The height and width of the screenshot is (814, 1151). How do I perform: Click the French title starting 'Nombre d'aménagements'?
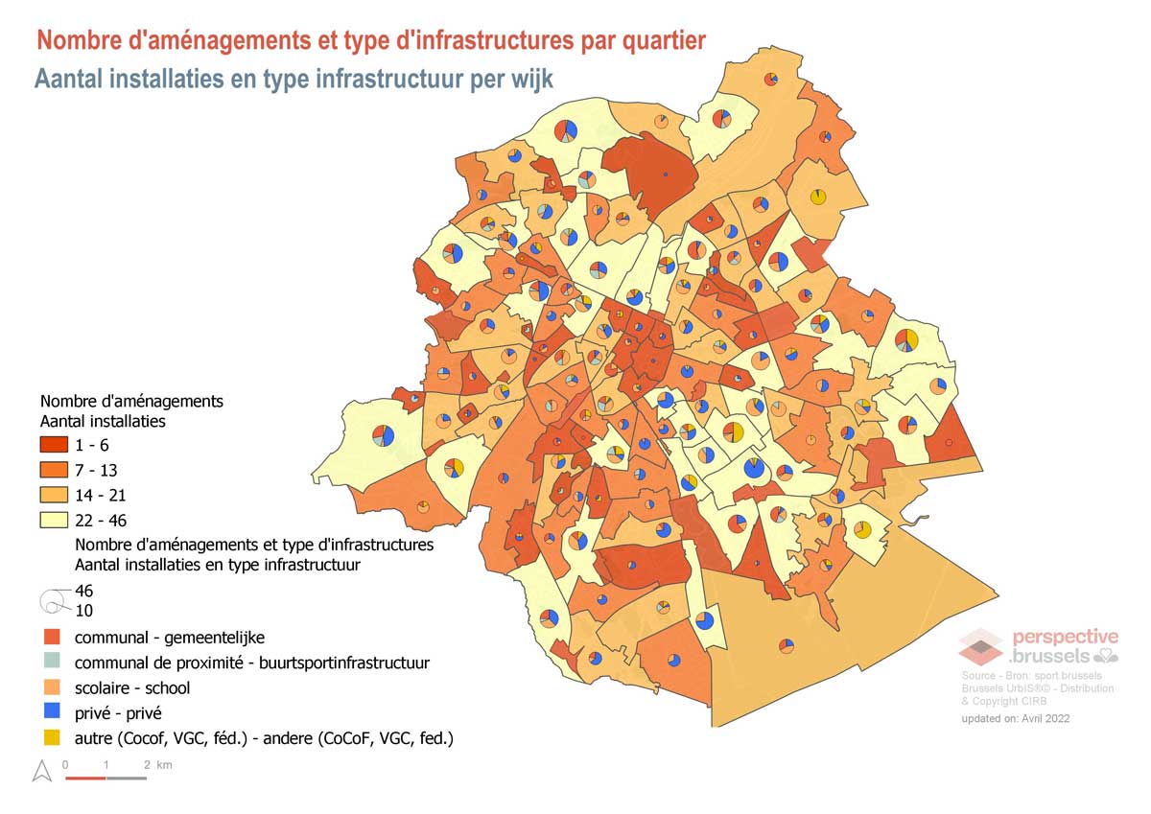pyautogui.click(x=370, y=40)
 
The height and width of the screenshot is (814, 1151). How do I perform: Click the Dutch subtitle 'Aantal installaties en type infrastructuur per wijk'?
pyautogui.click(x=294, y=79)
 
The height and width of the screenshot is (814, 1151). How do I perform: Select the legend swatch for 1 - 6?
pyautogui.click(x=54, y=445)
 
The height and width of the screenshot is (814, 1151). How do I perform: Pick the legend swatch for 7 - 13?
pyautogui.click(x=54, y=470)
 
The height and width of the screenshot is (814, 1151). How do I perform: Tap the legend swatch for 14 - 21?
pyautogui.click(x=54, y=495)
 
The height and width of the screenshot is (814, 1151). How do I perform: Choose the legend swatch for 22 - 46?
pyautogui.click(x=54, y=520)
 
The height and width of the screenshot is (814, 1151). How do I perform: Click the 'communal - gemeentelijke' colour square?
pyautogui.click(x=53, y=637)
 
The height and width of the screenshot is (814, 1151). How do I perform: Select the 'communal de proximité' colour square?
pyautogui.click(x=53, y=662)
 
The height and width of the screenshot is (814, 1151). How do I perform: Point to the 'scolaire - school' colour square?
pyautogui.click(x=53, y=687)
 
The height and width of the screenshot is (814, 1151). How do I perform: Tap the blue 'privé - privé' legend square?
pyautogui.click(x=53, y=712)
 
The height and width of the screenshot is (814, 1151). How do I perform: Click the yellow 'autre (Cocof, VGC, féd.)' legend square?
pyautogui.click(x=53, y=738)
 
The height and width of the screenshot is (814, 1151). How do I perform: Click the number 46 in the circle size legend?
pyautogui.click(x=83, y=591)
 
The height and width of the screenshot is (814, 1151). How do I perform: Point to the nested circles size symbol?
pyautogui.click(x=52, y=601)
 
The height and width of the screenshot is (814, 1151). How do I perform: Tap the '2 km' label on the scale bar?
pyautogui.click(x=157, y=764)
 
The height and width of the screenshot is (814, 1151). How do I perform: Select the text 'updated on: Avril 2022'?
pyautogui.click(x=1015, y=718)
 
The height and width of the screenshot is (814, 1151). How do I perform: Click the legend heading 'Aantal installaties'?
pyautogui.click(x=103, y=420)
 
